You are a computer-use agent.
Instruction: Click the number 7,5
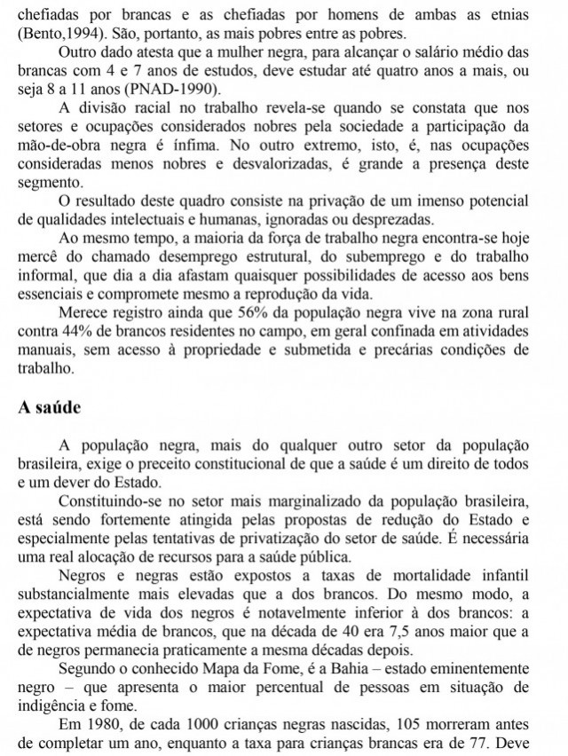pos(390,631)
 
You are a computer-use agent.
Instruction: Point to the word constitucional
pos(237,463)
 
